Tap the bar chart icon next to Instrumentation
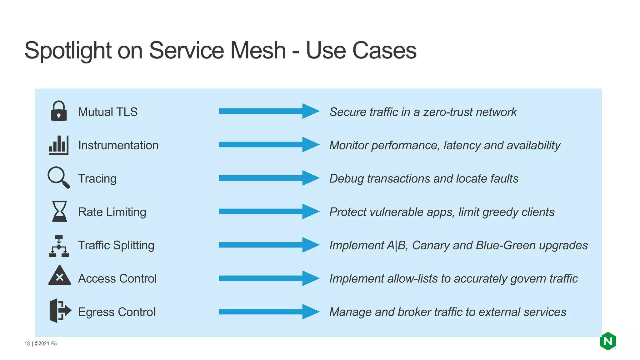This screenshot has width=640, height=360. click(x=58, y=145)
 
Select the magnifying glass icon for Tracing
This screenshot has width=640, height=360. click(x=58, y=177)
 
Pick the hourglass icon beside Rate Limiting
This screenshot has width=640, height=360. click(x=59, y=211)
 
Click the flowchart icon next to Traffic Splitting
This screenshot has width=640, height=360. click(x=59, y=246)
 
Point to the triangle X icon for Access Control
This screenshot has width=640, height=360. click(x=60, y=276)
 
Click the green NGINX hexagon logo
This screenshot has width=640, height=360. click(x=607, y=341)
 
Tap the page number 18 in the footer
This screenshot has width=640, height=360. click(x=27, y=344)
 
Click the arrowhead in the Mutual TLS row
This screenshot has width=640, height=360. click(x=310, y=111)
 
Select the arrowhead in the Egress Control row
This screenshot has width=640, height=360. click(x=310, y=312)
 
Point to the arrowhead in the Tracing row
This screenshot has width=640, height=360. click(x=310, y=178)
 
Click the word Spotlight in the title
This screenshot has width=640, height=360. click(x=68, y=51)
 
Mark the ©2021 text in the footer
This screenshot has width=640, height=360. click(x=42, y=344)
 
